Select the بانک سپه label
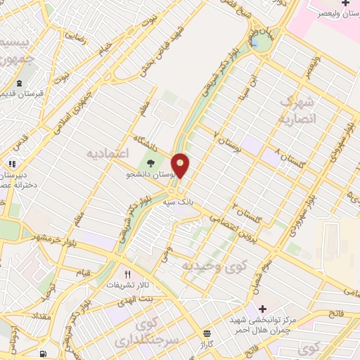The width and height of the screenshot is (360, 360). pyautogui.click(x=179, y=201)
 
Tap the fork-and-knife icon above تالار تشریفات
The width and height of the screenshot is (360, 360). pyautogui.click(x=127, y=274)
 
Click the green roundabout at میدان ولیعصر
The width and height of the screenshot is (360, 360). pyautogui.click(x=262, y=43)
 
